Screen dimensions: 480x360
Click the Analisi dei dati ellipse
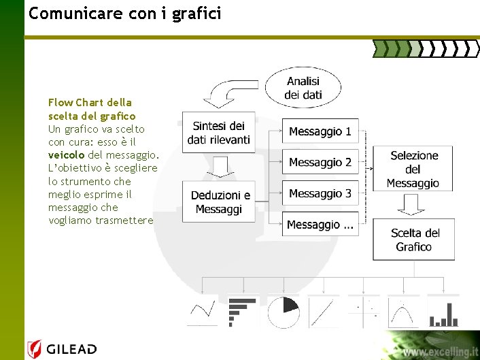coord(303,87)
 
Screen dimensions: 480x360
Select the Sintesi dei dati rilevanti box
coord(219,133)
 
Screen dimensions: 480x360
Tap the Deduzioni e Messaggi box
coord(219,202)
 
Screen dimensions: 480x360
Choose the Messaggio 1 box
coord(320,131)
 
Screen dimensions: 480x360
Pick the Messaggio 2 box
coord(320,162)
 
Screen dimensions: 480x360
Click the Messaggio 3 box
coord(320,193)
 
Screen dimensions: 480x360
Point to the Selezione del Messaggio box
coord(413,169)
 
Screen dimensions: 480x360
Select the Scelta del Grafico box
coord(415,240)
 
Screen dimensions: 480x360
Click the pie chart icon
coord(284,312)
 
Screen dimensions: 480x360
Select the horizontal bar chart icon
coord(239,311)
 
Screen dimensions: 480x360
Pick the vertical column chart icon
coord(443,312)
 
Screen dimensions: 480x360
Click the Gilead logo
coord(63,350)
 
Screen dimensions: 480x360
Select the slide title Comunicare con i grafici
coord(125,13)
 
